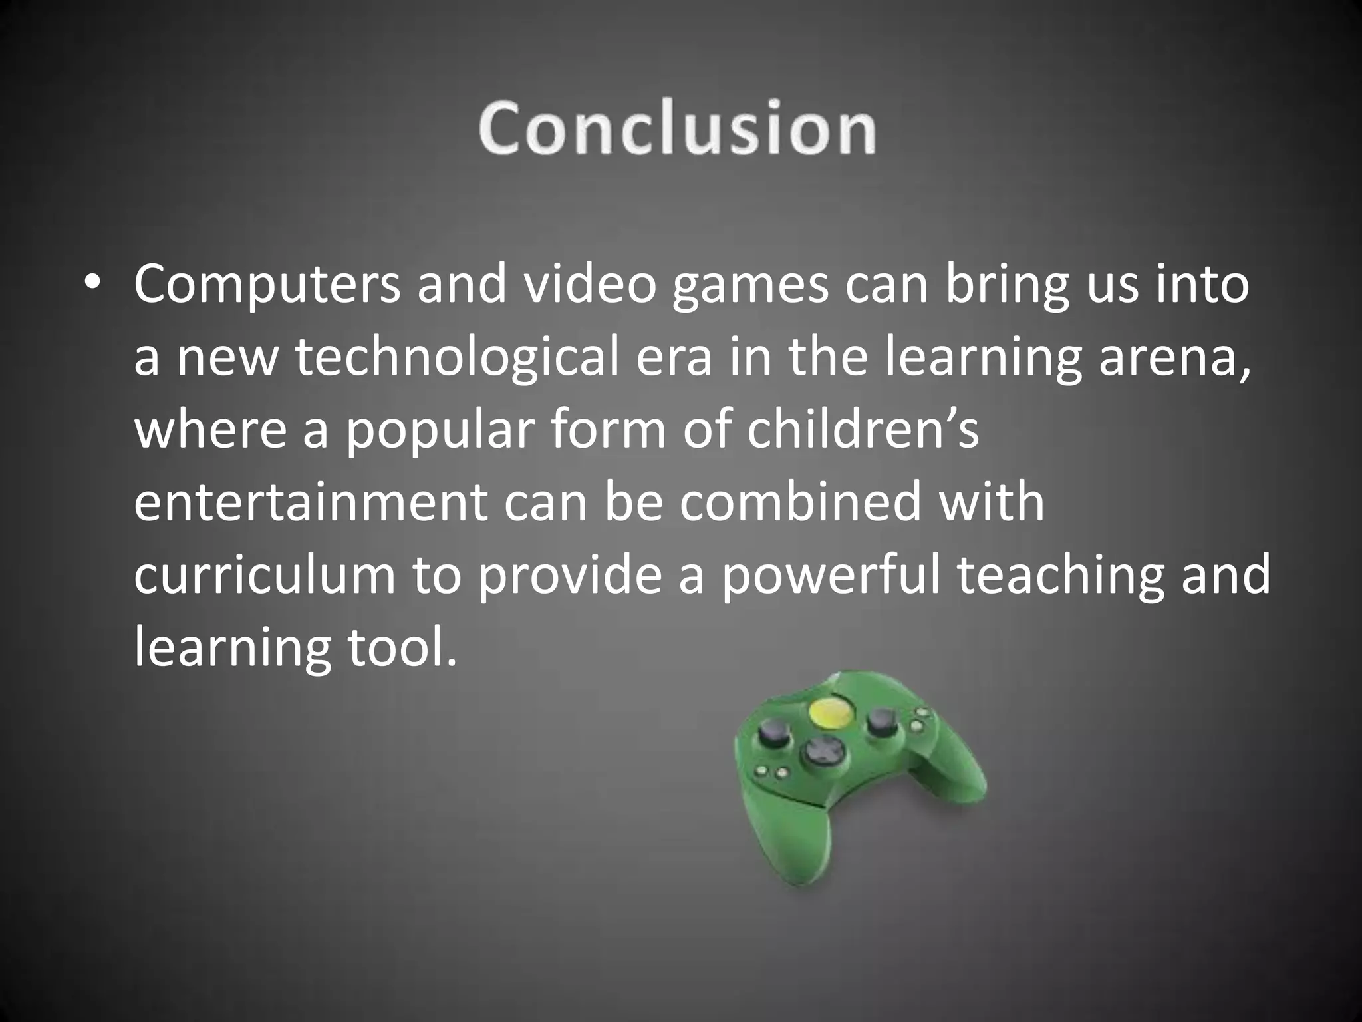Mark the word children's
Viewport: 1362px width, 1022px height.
863,429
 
